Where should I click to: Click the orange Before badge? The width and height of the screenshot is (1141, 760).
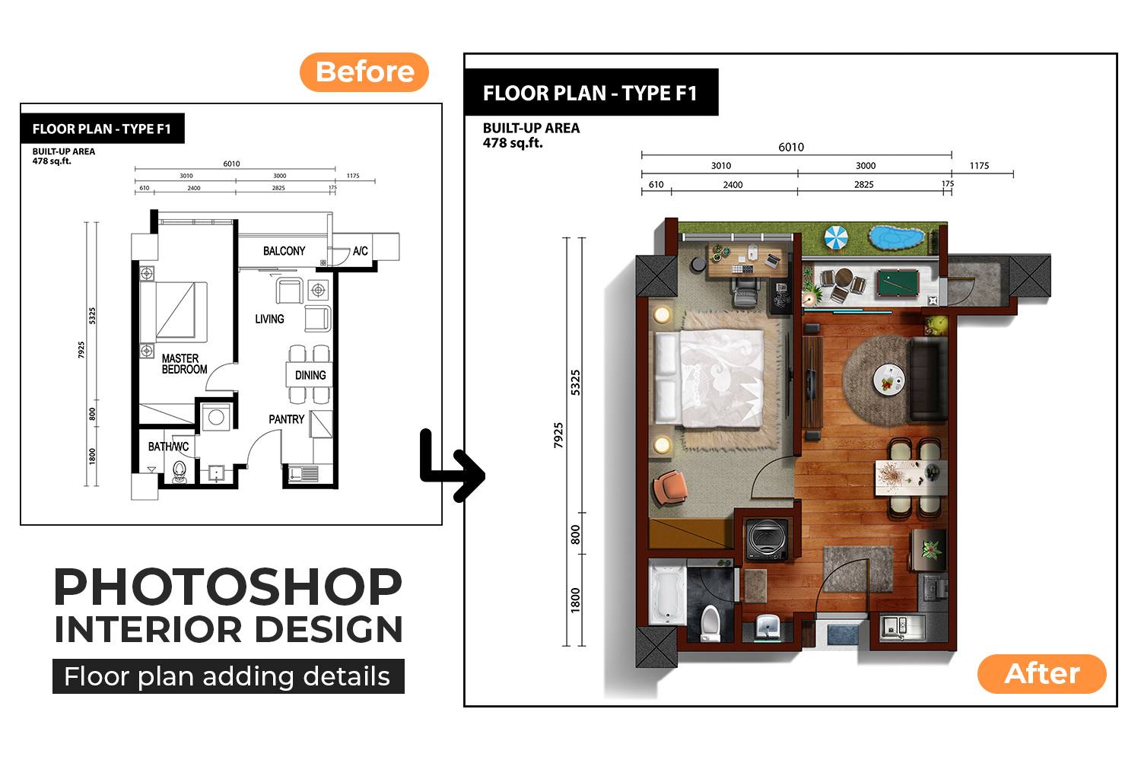coord(364,72)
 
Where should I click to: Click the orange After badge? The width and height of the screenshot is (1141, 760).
coord(1041,673)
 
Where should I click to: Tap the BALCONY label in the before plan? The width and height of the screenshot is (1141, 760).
coord(284,251)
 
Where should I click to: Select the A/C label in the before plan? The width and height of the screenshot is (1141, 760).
coord(360,250)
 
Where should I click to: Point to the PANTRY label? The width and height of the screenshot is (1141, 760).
coord(286,419)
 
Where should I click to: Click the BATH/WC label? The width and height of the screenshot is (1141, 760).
coord(168,447)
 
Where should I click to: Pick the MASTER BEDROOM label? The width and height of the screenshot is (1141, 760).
coord(184,364)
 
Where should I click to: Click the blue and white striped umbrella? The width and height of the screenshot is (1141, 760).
coord(836,238)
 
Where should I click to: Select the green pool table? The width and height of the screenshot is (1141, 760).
coord(898,283)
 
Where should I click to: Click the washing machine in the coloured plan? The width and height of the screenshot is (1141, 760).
coord(767,539)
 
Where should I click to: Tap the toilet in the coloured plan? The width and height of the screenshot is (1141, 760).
coord(710,622)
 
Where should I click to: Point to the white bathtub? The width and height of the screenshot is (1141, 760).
coord(667,593)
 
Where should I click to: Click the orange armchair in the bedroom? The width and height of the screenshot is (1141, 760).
coord(670,487)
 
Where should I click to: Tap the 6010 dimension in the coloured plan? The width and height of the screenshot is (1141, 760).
coord(791,148)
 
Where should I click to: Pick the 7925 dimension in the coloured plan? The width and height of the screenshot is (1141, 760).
coord(558,435)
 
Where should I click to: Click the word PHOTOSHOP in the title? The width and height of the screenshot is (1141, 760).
coord(228,587)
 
